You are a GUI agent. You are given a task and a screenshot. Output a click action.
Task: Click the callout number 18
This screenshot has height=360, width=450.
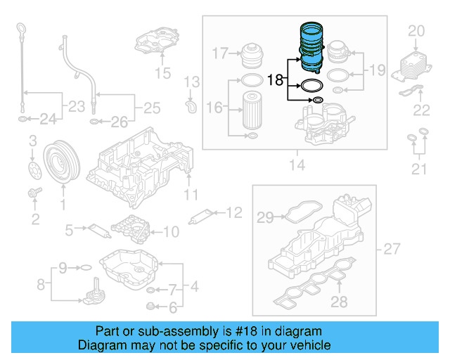(x=275, y=81)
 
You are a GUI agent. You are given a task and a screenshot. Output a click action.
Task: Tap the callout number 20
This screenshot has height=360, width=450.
(x=417, y=30)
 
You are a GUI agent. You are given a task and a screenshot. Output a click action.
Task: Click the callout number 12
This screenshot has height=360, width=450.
(x=233, y=211)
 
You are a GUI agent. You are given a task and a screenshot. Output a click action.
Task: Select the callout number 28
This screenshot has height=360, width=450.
(x=340, y=302)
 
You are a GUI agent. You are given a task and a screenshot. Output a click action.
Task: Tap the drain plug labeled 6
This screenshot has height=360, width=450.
(x=150, y=305)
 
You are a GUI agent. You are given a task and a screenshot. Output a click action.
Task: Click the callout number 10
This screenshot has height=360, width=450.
(x=171, y=231)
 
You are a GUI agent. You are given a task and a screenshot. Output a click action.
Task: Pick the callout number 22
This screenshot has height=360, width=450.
(x=421, y=109)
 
